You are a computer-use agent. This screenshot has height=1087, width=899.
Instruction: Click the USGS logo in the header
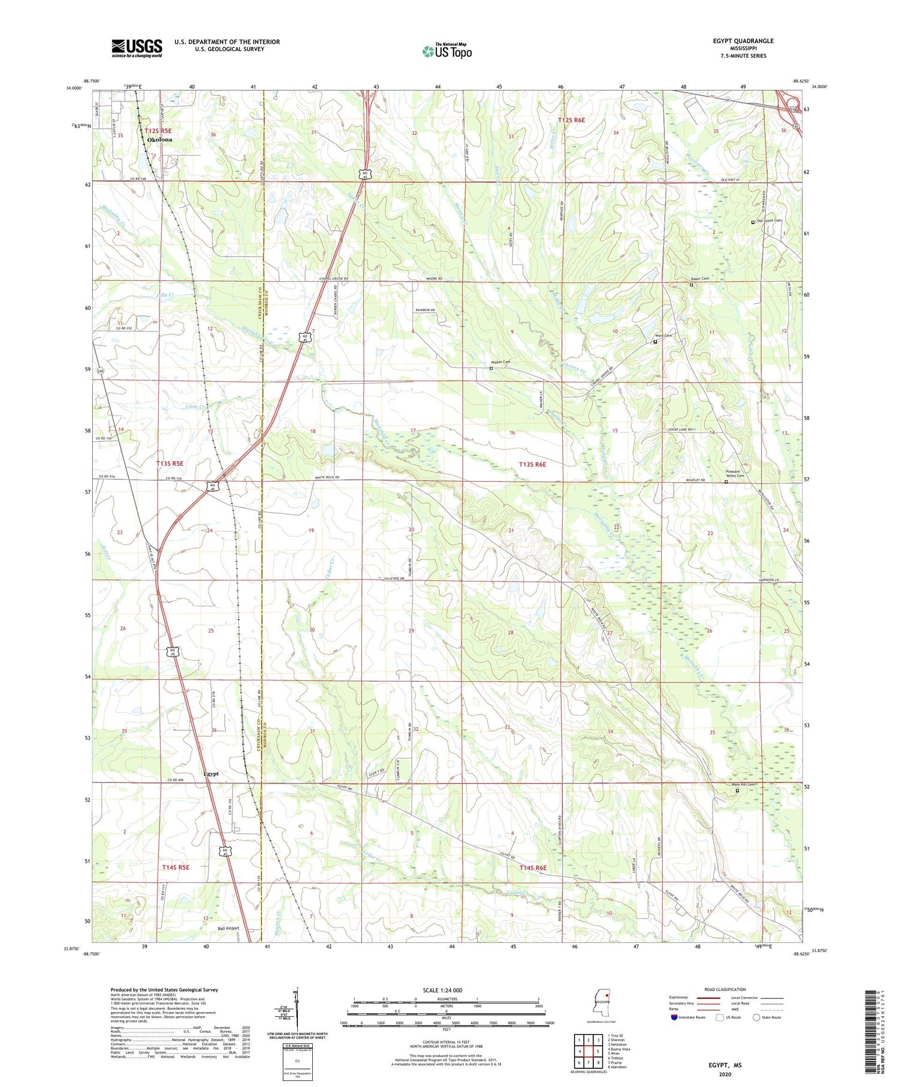click(x=137, y=48)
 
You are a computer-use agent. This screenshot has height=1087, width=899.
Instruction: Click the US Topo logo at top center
click(x=447, y=51)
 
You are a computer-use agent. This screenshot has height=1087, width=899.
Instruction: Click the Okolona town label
click(x=159, y=140)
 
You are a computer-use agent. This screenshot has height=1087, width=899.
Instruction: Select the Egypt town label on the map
click(x=211, y=773)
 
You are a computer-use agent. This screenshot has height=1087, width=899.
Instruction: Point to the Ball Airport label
click(x=228, y=928)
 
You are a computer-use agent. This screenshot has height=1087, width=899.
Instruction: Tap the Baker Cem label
click(x=699, y=279)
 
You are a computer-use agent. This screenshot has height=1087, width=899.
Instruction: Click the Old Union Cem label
click(x=770, y=221)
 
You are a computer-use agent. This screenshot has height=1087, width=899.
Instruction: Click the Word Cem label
click(x=663, y=336)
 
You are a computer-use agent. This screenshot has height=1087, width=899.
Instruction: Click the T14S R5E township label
click(x=175, y=867)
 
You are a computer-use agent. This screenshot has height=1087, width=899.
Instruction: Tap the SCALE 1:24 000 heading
click(x=445, y=990)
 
